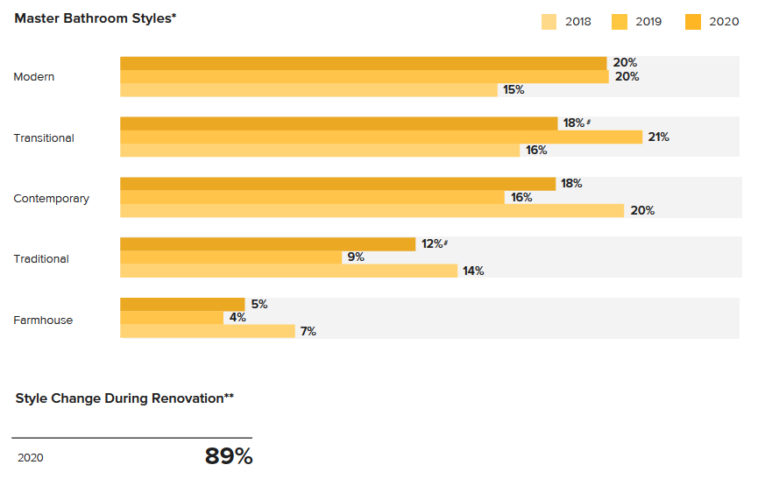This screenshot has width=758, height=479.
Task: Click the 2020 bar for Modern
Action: [363, 63]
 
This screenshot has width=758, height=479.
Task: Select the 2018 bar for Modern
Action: [308, 90]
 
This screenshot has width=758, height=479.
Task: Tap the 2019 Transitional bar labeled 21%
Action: [381, 137]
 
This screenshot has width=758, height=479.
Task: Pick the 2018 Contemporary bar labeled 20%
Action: [372, 210]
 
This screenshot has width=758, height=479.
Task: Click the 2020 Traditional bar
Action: [267, 244]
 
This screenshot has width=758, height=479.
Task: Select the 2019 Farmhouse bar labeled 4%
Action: [172, 318]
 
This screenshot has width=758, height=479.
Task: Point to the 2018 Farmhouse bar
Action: [207, 331]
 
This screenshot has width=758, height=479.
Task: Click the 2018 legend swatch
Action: [549, 22]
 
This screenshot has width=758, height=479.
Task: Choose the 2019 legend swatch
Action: [620, 22]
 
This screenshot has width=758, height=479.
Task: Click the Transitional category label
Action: [44, 137]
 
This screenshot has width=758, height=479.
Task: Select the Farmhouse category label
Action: [43, 321]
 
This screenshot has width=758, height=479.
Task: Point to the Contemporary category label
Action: [51, 199]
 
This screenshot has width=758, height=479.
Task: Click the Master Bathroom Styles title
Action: [95, 18]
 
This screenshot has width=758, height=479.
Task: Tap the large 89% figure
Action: [228, 456]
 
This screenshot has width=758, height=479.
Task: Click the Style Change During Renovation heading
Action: [124, 398]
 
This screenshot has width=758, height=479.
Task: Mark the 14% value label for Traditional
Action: [473, 271]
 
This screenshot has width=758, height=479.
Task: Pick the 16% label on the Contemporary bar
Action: [521, 198]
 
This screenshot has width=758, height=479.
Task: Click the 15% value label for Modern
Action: [514, 90]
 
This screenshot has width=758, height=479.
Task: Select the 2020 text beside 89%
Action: [30, 458]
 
